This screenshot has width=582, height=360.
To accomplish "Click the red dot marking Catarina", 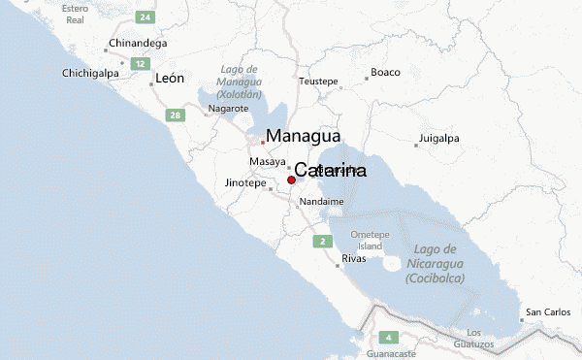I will (x=291, y=180).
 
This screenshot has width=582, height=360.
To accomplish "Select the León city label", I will (x=169, y=79).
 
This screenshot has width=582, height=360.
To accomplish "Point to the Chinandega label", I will (x=138, y=44).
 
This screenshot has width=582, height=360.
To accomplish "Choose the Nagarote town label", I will (x=229, y=109).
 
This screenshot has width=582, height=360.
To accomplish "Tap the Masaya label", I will (x=267, y=161).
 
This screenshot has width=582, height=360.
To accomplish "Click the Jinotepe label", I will (x=244, y=182).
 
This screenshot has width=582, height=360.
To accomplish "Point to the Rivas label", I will (x=355, y=259).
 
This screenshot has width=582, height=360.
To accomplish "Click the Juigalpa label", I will (x=438, y=138).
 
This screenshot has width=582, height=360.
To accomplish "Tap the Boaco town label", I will (x=385, y=73).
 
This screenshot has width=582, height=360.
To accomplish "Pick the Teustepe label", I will (x=319, y=81).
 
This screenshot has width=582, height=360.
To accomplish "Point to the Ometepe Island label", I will (x=369, y=240).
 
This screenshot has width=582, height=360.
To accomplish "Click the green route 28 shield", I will (x=175, y=115).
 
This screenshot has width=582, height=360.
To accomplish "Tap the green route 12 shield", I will (x=140, y=64).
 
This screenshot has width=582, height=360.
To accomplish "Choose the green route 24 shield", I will (x=145, y=17).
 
